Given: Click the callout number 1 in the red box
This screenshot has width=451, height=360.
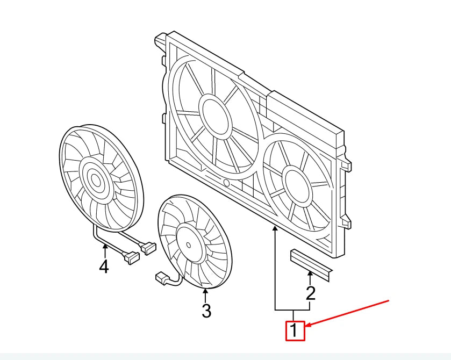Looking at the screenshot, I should [295, 330].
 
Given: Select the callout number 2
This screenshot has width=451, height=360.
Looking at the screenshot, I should [310, 293].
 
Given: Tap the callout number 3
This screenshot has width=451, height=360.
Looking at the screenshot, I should [206, 310].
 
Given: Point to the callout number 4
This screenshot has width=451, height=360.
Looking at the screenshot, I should [104, 265].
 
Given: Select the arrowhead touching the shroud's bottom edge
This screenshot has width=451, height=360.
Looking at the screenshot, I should [276, 229].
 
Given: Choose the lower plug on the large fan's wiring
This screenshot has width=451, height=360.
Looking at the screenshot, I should [131, 258].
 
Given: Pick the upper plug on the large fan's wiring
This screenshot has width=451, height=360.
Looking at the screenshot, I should [148, 248].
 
